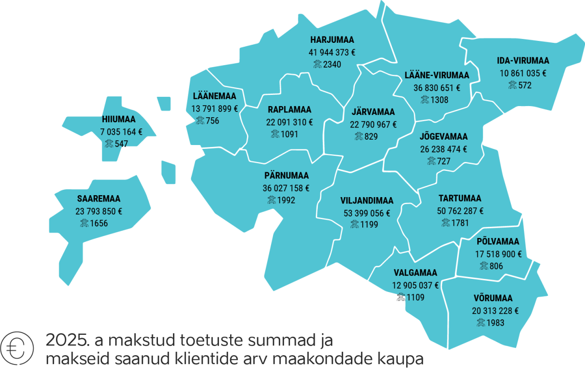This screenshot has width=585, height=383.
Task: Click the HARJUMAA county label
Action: pos(332,40)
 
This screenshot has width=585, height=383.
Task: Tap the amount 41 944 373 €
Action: pos(332,52)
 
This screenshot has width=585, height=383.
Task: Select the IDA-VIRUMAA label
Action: pos(523,61)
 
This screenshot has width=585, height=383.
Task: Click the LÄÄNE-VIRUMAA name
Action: pos(437,75)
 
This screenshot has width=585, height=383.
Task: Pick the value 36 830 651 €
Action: pos(437,88)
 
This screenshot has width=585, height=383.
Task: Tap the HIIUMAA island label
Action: pos(119,119)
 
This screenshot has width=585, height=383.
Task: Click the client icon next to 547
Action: pos(109,144)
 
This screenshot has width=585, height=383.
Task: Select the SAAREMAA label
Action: pos(98,199)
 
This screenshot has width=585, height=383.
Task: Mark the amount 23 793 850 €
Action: pos(98,211)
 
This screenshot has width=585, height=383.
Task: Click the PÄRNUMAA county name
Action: pos(286,175)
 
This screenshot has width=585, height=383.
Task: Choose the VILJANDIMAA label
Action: pos(367,200)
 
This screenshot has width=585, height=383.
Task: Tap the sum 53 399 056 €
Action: pos(367,213)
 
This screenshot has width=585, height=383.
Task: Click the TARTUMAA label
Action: pos(460,199)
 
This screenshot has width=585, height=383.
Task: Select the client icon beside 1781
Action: pos(446,223)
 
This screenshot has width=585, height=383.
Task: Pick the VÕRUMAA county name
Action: pos(493,298)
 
